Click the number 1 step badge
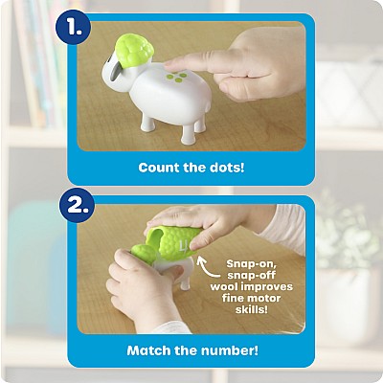point(73,28)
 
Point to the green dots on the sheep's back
point(176,77)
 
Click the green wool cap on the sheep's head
point(134,50)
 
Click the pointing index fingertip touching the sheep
point(170,64)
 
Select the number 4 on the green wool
point(184,247)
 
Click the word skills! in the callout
point(252,309)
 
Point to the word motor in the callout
point(263,298)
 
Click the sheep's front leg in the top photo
point(188,134)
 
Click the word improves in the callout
point(267,287)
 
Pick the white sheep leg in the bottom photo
point(185,282)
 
